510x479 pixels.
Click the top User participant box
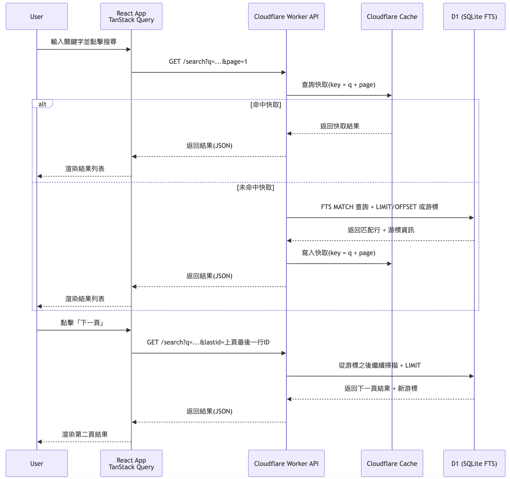37,16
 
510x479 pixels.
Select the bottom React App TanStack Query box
131,463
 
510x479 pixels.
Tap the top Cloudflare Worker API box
286,16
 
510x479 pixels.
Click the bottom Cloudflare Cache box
392,463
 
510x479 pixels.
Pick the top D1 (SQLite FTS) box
474,16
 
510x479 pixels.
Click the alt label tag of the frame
42,104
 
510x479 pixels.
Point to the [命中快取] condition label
266,105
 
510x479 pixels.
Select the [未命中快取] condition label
255,187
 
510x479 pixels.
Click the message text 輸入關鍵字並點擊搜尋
83,42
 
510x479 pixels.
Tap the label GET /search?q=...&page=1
208,62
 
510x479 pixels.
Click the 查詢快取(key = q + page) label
338,85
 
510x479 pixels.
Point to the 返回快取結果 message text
340,126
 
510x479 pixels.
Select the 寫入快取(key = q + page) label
338,253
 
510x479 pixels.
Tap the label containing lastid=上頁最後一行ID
208,342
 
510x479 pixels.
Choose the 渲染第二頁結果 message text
85,434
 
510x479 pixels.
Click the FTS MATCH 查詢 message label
379,207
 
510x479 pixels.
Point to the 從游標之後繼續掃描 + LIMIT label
379,365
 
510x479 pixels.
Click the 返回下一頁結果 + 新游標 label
381,388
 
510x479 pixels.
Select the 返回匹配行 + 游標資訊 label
381,230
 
